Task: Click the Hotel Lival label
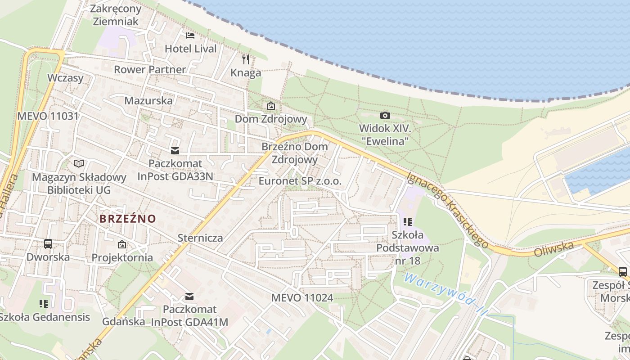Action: (x=191, y=49)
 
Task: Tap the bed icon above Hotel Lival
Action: (x=190, y=35)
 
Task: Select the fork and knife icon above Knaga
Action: (x=246, y=59)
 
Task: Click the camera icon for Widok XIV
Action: (x=385, y=116)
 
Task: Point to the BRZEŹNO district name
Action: (x=128, y=219)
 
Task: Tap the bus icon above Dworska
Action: (x=48, y=244)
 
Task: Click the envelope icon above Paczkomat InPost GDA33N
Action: (x=175, y=151)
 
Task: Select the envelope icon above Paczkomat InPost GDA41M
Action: (x=189, y=297)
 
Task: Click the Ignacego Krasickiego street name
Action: (x=447, y=210)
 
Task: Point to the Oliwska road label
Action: (x=554, y=249)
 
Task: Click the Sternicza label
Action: (x=200, y=238)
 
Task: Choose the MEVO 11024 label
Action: (x=302, y=298)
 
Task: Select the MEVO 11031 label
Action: (x=48, y=116)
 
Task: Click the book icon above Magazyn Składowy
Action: (x=79, y=164)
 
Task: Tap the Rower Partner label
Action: (x=150, y=69)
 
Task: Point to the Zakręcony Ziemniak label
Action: (x=116, y=15)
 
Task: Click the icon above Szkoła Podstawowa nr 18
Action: (x=408, y=221)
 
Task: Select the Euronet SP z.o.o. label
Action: (x=300, y=181)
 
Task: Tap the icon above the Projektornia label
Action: (x=122, y=245)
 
